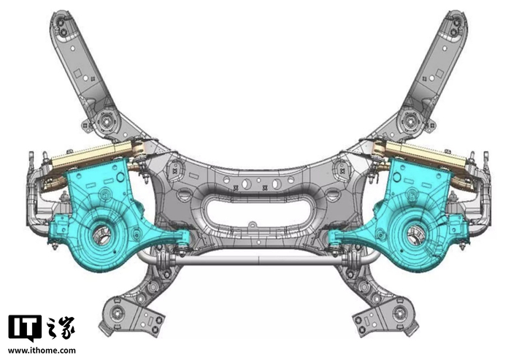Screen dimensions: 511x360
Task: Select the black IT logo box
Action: coord(25,329)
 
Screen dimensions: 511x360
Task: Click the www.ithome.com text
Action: coord(42,351)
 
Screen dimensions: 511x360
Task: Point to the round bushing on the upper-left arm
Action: coord(107,122)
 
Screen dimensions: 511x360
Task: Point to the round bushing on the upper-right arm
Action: coord(410,121)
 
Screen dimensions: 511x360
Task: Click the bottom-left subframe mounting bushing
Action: coord(117,313)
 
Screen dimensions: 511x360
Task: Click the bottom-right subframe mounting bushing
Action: coord(399,314)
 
